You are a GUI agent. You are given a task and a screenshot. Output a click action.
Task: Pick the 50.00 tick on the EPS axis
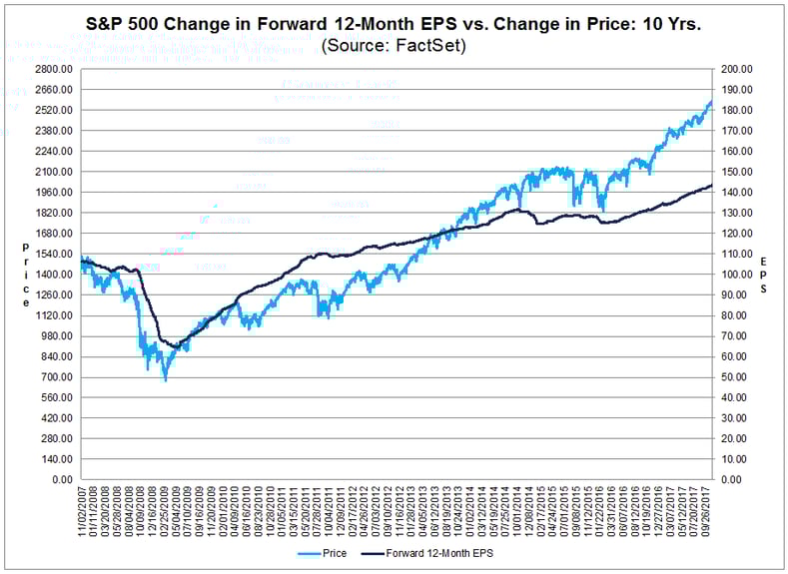[737, 377]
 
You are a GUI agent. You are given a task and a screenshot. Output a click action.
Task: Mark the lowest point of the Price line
[166, 380]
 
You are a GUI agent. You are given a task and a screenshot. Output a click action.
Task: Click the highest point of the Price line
[710, 100]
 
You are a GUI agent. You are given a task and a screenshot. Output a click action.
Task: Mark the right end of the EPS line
[712, 186]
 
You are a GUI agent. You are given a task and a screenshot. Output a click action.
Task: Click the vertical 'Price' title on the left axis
[26, 274]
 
